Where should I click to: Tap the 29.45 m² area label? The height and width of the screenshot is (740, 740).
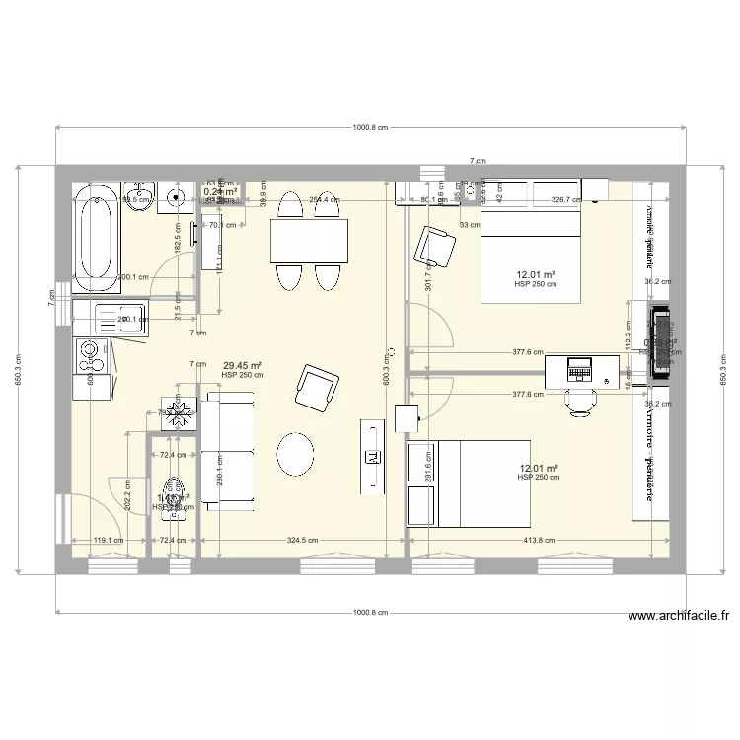(x=242, y=365)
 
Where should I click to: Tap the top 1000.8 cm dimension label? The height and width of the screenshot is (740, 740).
(x=370, y=128)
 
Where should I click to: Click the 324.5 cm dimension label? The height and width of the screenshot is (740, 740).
(x=301, y=540)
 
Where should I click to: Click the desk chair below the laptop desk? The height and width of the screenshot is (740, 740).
(x=581, y=401)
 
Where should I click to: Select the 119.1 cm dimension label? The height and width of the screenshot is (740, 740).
(x=108, y=540)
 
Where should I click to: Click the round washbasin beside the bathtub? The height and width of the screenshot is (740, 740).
(x=179, y=197)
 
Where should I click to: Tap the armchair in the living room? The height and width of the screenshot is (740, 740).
(x=318, y=386)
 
